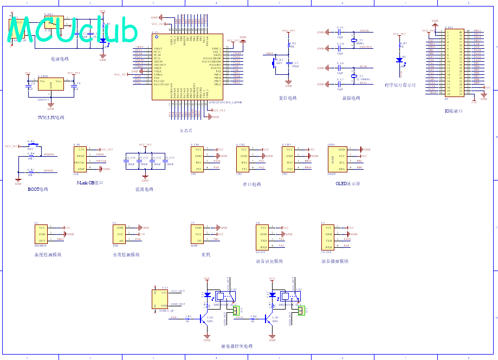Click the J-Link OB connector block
80,159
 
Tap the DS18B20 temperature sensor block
42,234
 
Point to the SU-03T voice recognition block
263,236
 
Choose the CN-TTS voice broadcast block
328,236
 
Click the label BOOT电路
38,190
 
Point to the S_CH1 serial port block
198,159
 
